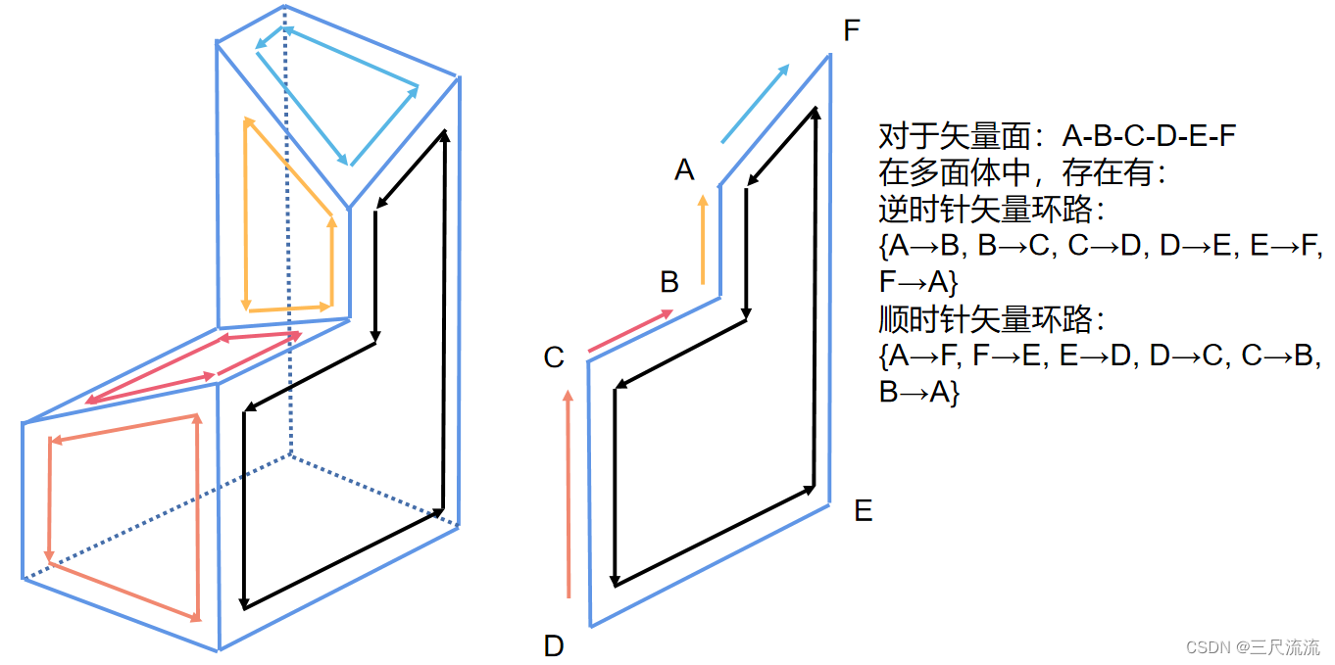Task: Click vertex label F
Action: click(x=851, y=30)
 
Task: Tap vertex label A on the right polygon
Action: click(x=684, y=170)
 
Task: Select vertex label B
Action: click(x=669, y=283)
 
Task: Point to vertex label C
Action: click(x=554, y=358)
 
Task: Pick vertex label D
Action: click(x=554, y=645)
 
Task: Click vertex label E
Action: click(x=863, y=510)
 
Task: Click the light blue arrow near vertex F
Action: click(x=755, y=104)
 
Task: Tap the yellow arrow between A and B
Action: click(x=703, y=240)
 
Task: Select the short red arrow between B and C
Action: click(x=631, y=330)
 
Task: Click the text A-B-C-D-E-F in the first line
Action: click(x=1149, y=136)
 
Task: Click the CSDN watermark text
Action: click(x=1252, y=647)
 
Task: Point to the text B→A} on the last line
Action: click(x=918, y=392)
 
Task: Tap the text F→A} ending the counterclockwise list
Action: click(x=918, y=282)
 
